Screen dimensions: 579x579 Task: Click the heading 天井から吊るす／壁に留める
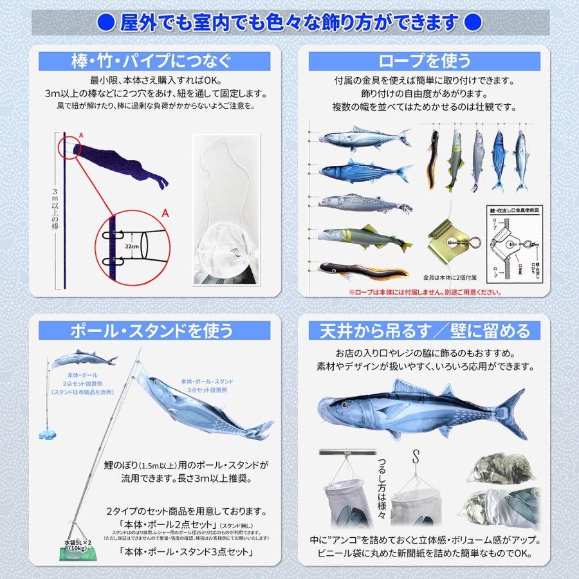pos(425,331)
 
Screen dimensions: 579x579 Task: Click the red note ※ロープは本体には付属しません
pos(425,291)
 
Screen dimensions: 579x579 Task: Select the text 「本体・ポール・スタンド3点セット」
pos(185,552)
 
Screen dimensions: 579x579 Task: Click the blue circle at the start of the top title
pos(108,23)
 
